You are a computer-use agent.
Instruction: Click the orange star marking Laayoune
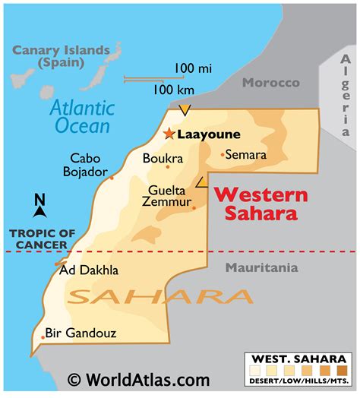(x=168, y=134)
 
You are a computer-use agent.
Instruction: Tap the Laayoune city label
(x=208, y=134)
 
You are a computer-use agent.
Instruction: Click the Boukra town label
(x=163, y=159)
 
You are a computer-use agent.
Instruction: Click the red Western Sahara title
(x=260, y=204)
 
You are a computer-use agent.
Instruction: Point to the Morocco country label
(x=270, y=83)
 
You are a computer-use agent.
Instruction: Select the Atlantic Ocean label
(x=81, y=117)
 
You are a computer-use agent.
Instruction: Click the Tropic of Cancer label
(x=38, y=238)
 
